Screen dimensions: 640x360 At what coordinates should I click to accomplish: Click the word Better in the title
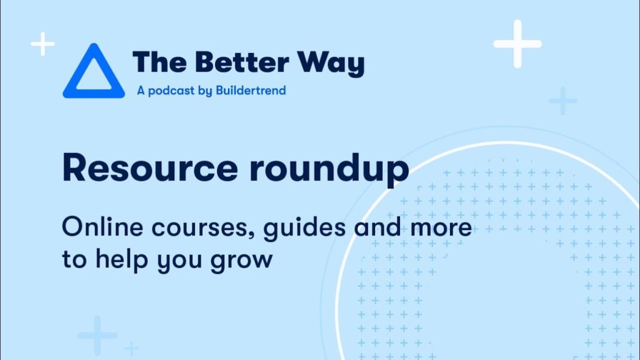coord(242,62)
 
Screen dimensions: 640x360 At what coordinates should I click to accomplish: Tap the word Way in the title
coord(331,64)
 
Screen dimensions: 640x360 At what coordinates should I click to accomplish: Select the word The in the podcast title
coord(159,62)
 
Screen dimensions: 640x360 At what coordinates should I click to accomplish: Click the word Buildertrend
coord(251,90)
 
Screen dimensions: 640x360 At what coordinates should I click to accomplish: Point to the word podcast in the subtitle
coord(171,91)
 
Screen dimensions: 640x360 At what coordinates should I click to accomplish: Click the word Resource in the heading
coord(150,167)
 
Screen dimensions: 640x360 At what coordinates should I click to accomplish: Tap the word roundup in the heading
coord(329,170)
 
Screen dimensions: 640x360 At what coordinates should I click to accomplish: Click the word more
coord(441,229)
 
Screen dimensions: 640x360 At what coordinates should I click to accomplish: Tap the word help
coord(121,259)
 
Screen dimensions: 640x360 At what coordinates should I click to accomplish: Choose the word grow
coord(241,262)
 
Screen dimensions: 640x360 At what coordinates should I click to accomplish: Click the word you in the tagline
coord(179,262)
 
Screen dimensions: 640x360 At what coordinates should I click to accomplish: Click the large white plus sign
coord(517,44)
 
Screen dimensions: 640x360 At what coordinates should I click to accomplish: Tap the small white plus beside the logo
coord(42,44)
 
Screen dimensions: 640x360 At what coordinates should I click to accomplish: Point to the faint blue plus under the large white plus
coord(563,101)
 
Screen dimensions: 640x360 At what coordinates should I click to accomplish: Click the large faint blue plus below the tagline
coord(97,336)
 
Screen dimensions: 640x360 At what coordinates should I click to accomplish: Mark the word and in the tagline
coord(377,226)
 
